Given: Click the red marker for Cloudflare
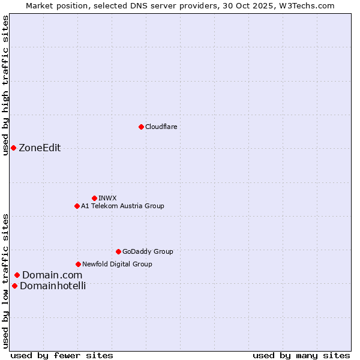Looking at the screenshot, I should click(x=141, y=127).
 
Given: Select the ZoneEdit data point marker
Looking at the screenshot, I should click(x=13, y=148).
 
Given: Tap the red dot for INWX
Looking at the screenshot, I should click(x=94, y=198).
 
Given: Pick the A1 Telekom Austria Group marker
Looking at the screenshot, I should click(x=77, y=206).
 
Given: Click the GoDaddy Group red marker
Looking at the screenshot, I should click(x=118, y=251).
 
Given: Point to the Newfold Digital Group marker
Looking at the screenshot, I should click(x=78, y=264).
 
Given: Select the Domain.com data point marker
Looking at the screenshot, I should click(x=17, y=275).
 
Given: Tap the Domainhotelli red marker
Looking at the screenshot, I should click(x=14, y=286).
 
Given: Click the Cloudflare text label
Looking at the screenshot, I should click(x=161, y=127).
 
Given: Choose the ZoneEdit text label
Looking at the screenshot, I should click(x=40, y=148).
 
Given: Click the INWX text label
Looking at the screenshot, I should click(x=107, y=198).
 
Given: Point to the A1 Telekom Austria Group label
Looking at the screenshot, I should click(x=122, y=206).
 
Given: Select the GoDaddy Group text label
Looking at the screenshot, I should click(x=148, y=251).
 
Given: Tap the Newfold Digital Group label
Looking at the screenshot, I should click(x=117, y=264).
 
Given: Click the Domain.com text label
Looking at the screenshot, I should click(x=52, y=275).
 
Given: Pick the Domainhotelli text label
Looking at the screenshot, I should click(x=53, y=286).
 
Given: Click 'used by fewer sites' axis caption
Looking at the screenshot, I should click(x=62, y=355).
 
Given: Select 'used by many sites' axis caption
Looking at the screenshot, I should click(x=301, y=355).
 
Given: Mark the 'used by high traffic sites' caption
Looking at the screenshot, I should click(x=5, y=85).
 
